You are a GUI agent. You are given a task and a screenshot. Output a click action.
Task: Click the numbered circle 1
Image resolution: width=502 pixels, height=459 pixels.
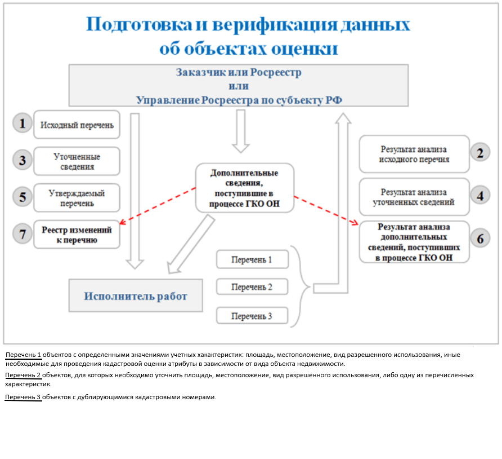click(23, 123)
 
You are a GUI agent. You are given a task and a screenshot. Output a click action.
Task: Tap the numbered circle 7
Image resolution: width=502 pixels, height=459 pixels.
click(23, 234)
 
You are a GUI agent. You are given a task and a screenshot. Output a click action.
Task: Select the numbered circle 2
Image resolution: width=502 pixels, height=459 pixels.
click(480, 153)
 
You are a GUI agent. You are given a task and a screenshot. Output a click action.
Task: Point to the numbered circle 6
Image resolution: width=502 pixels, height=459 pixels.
click(480, 239)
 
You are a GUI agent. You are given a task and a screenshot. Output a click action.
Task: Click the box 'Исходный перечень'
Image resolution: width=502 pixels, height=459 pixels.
click(77, 125)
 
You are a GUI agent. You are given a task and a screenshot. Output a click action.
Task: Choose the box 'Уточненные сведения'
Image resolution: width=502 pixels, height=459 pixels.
click(77, 161)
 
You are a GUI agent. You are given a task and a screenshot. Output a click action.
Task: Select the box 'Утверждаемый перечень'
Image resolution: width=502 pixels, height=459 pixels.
click(77, 198)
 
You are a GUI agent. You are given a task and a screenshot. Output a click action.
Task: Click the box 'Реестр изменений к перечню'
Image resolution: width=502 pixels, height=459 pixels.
click(77, 235)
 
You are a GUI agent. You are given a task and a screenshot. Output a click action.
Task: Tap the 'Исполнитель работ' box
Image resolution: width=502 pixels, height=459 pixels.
click(136, 295)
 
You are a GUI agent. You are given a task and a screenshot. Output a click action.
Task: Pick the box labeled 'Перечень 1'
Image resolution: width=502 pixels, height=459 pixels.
click(252, 259)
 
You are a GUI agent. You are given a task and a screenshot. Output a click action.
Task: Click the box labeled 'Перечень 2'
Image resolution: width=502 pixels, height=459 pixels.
click(252, 287)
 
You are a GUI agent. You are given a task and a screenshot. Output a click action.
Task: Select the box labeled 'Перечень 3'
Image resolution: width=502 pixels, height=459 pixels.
click(252, 316)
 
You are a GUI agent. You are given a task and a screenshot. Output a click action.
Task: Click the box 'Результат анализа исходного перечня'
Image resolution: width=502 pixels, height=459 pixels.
click(414, 155)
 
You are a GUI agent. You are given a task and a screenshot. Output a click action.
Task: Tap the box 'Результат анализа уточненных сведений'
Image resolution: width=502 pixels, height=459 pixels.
click(414, 197)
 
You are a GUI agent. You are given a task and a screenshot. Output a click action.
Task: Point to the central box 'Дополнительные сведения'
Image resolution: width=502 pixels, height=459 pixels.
click(245, 188)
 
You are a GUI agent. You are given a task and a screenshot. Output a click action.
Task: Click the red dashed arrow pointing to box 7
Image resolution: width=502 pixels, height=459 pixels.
click(158, 206)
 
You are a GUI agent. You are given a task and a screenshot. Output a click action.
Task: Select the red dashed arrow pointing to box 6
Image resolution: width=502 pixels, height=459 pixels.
click(326, 210)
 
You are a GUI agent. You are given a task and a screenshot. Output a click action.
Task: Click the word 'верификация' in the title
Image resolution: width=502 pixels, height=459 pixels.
click(275, 24)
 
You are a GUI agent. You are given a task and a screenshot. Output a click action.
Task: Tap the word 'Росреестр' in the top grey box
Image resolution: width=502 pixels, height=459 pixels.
click(276, 73)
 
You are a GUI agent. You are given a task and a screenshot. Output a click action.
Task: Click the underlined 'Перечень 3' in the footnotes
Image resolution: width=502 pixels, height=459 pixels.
click(23, 397)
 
